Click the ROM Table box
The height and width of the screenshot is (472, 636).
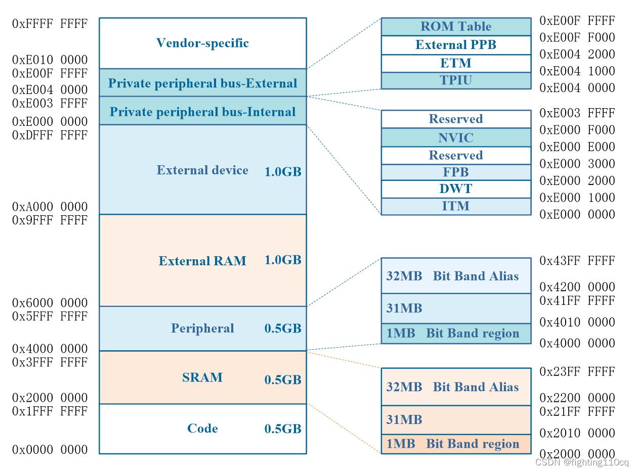click(456, 27)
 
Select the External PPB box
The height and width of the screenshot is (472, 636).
click(456, 45)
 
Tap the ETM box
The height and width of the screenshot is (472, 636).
click(456, 63)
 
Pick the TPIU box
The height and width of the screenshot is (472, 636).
click(456, 80)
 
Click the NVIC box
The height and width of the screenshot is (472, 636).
click(456, 137)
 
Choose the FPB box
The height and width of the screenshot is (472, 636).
click(456, 172)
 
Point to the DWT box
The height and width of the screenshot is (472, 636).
click(456, 189)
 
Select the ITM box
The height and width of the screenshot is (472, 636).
click(456, 206)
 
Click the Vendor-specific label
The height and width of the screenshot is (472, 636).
click(202, 43)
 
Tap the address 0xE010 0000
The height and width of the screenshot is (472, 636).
click(50, 60)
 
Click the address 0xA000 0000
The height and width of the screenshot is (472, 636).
click(50, 207)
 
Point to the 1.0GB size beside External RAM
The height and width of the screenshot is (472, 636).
click(283, 260)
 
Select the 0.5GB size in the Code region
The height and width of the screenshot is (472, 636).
click(283, 429)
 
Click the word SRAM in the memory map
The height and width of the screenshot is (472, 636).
click(202, 377)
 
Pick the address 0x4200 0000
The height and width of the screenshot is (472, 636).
click(577, 287)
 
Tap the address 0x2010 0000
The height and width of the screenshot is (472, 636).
click(577, 433)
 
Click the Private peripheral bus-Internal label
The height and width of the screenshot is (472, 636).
click(202, 112)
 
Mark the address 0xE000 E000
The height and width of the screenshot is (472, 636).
click(577, 147)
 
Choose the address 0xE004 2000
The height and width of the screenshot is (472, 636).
click(577, 54)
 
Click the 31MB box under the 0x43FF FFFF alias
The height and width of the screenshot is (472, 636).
click(456, 308)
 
